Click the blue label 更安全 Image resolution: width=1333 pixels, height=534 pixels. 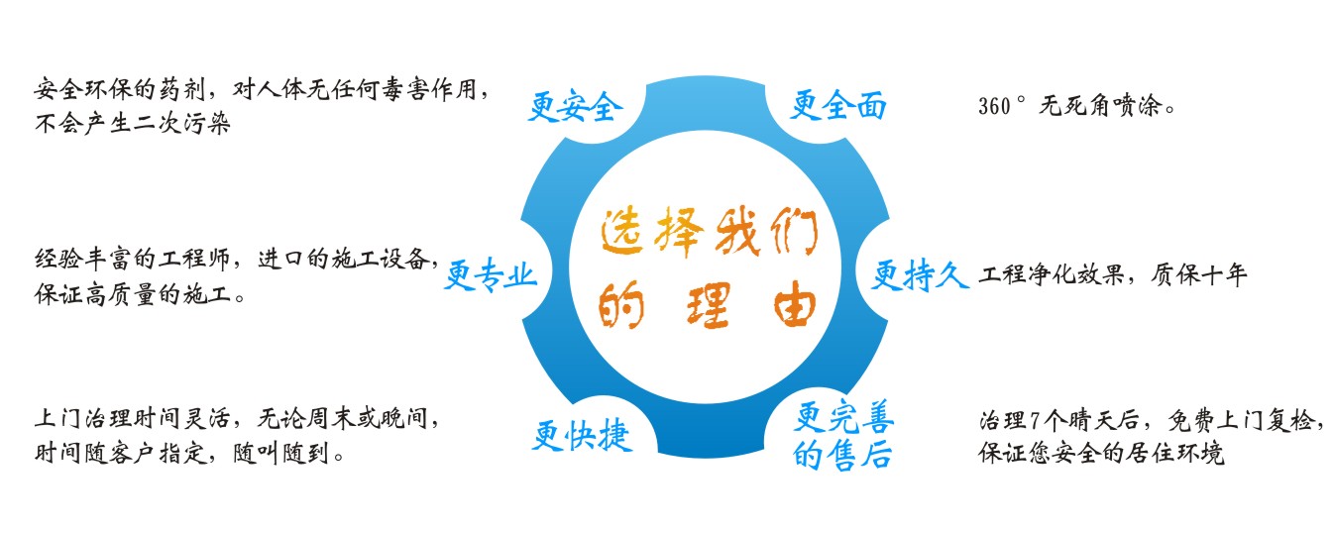pos(576,107)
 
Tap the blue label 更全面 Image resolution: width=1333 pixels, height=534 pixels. pos(838,105)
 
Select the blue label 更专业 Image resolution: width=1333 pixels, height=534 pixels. pos(491,275)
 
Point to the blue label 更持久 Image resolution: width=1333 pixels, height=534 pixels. pos(920,275)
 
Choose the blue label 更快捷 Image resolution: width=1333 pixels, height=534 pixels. pos(582,436)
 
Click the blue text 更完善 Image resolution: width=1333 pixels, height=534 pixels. pos(843,417)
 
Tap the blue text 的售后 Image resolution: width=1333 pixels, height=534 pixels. pos(842,455)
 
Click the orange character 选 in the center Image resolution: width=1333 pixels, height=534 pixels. pos(621,233)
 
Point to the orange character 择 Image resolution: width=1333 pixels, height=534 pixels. pos(679,233)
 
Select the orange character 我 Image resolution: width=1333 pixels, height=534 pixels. pos(738,233)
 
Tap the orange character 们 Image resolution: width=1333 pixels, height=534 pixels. pos(794,231)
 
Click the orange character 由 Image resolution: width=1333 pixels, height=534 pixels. pos(794,304)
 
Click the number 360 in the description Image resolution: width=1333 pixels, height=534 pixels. pos(994,106)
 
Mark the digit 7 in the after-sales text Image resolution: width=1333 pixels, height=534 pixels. pos(1035,421)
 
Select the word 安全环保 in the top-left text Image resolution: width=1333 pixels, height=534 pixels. pos(82,90)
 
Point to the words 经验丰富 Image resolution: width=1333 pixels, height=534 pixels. pos(82,260)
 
